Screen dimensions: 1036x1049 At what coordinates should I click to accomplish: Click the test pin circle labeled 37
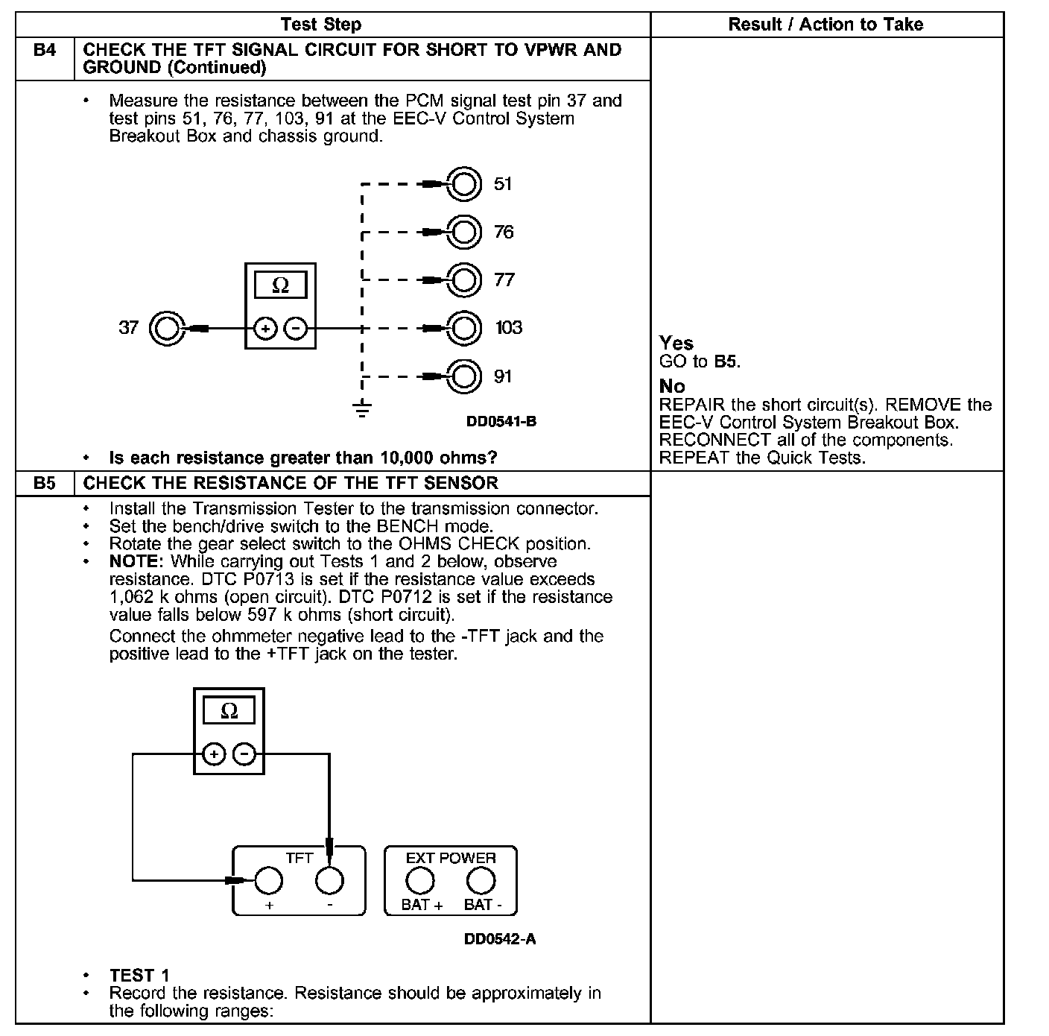tap(166, 328)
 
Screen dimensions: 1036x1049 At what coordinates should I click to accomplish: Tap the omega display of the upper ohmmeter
tap(280, 285)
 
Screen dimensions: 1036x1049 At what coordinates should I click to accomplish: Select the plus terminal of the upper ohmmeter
tap(266, 328)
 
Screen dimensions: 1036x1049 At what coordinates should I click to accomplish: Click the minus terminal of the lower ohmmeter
tap(244, 754)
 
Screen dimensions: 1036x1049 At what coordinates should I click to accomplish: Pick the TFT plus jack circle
tap(268, 880)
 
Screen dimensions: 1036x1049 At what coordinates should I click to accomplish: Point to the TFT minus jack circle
tap(329, 880)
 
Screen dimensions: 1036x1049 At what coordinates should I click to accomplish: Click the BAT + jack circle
tap(420, 880)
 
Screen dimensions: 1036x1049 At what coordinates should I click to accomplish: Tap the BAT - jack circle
tap(481, 880)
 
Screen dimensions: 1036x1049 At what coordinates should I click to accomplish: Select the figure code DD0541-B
tap(501, 422)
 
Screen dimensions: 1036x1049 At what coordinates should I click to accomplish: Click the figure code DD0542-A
tap(499, 939)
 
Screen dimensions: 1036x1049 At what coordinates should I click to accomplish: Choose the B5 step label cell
tap(45, 483)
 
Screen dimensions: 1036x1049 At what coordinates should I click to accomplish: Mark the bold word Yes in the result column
tap(676, 344)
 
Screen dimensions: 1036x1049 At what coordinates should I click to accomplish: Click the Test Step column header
tap(321, 25)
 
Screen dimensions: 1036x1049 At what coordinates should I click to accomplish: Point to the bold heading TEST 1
tap(139, 976)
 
